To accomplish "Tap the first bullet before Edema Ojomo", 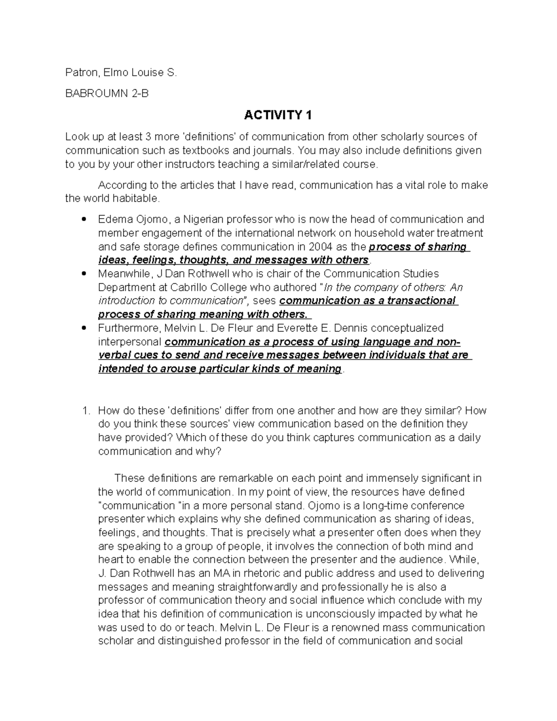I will (84, 219).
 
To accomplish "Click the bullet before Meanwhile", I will (84, 273).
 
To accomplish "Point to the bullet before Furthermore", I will (84, 328).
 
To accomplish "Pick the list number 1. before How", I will (85, 410).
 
